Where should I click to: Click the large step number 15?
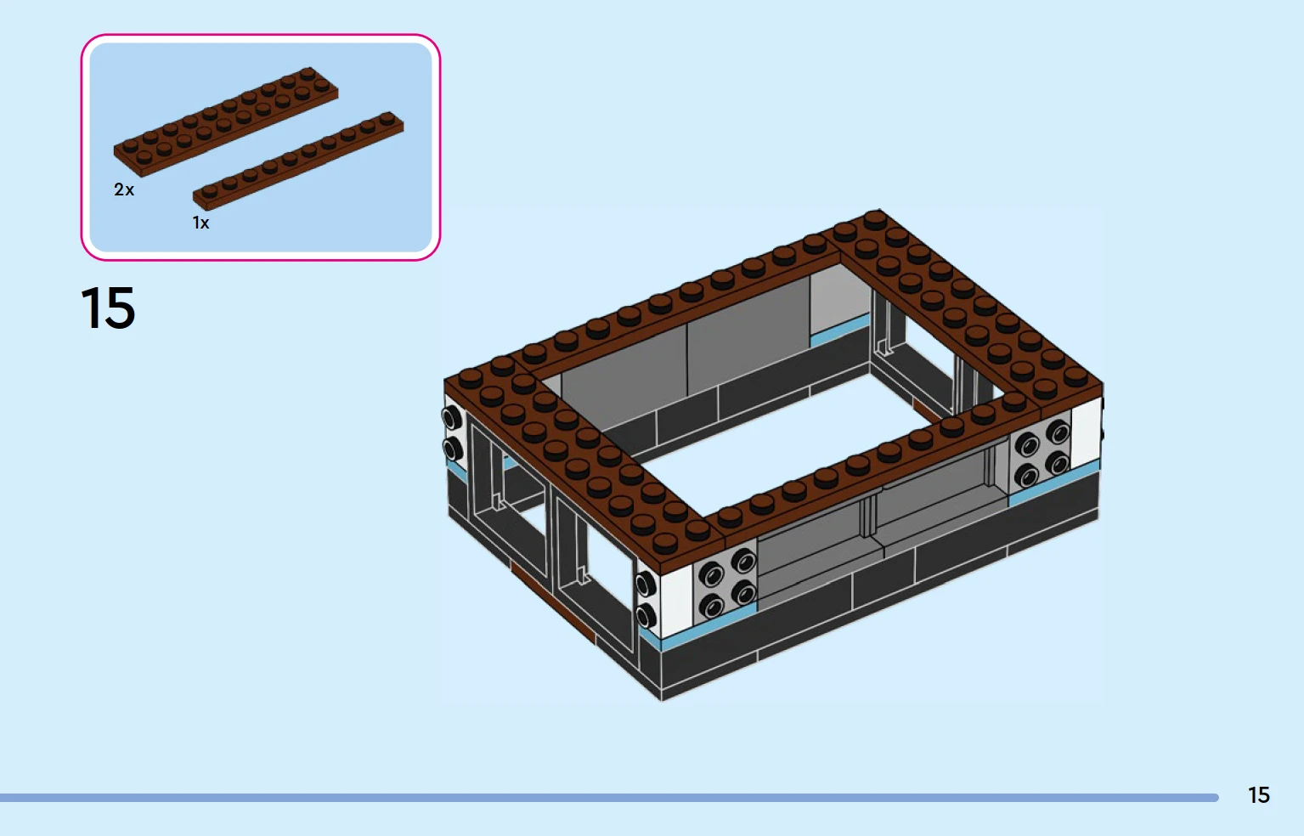click(108, 308)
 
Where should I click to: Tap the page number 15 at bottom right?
click(1259, 795)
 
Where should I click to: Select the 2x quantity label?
click(124, 189)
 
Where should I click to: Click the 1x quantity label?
click(200, 223)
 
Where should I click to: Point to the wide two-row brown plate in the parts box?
click(226, 122)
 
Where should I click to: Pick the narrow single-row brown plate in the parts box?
click(298, 161)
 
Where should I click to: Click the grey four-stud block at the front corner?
click(725, 582)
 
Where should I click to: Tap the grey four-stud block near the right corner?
click(1041, 454)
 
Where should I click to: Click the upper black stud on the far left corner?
click(451, 418)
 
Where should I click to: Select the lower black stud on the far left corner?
click(452, 449)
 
